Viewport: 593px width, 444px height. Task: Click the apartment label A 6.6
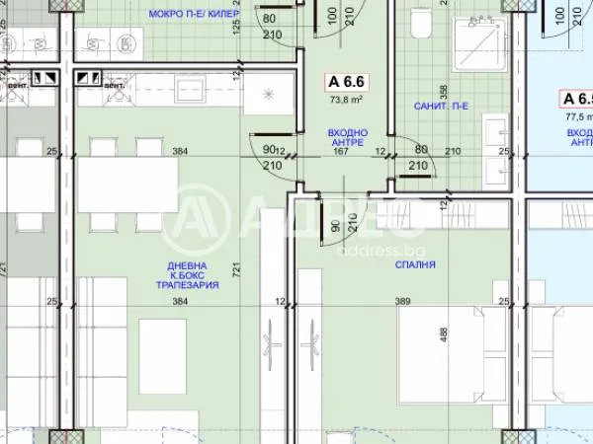click(x=347, y=84)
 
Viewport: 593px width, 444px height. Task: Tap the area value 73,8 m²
click(x=347, y=100)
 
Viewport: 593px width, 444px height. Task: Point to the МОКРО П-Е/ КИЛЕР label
click(x=195, y=14)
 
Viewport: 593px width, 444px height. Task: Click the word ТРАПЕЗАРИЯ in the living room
click(x=187, y=285)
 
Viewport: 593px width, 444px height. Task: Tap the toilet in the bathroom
click(x=419, y=25)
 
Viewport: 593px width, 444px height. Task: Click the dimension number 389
click(x=402, y=301)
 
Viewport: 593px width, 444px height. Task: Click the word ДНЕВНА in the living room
click(x=187, y=264)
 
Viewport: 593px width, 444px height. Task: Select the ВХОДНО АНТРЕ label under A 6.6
click(x=347, y=137)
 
